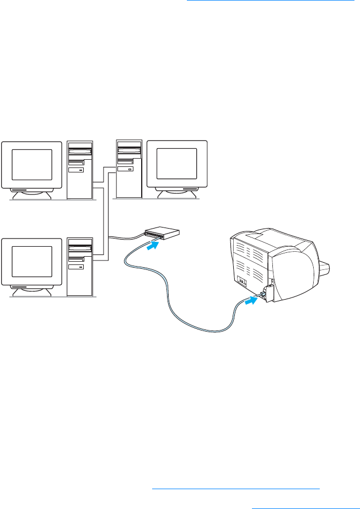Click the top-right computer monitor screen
click(176, 163)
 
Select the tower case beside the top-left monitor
click(80, 170)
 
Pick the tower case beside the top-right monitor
click(129, 168)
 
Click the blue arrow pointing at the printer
click(251, 301)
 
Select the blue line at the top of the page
click(270, 1)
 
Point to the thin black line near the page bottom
click(235, 488)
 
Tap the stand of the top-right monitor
click(176, 192)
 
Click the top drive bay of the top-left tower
click(80, 148)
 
